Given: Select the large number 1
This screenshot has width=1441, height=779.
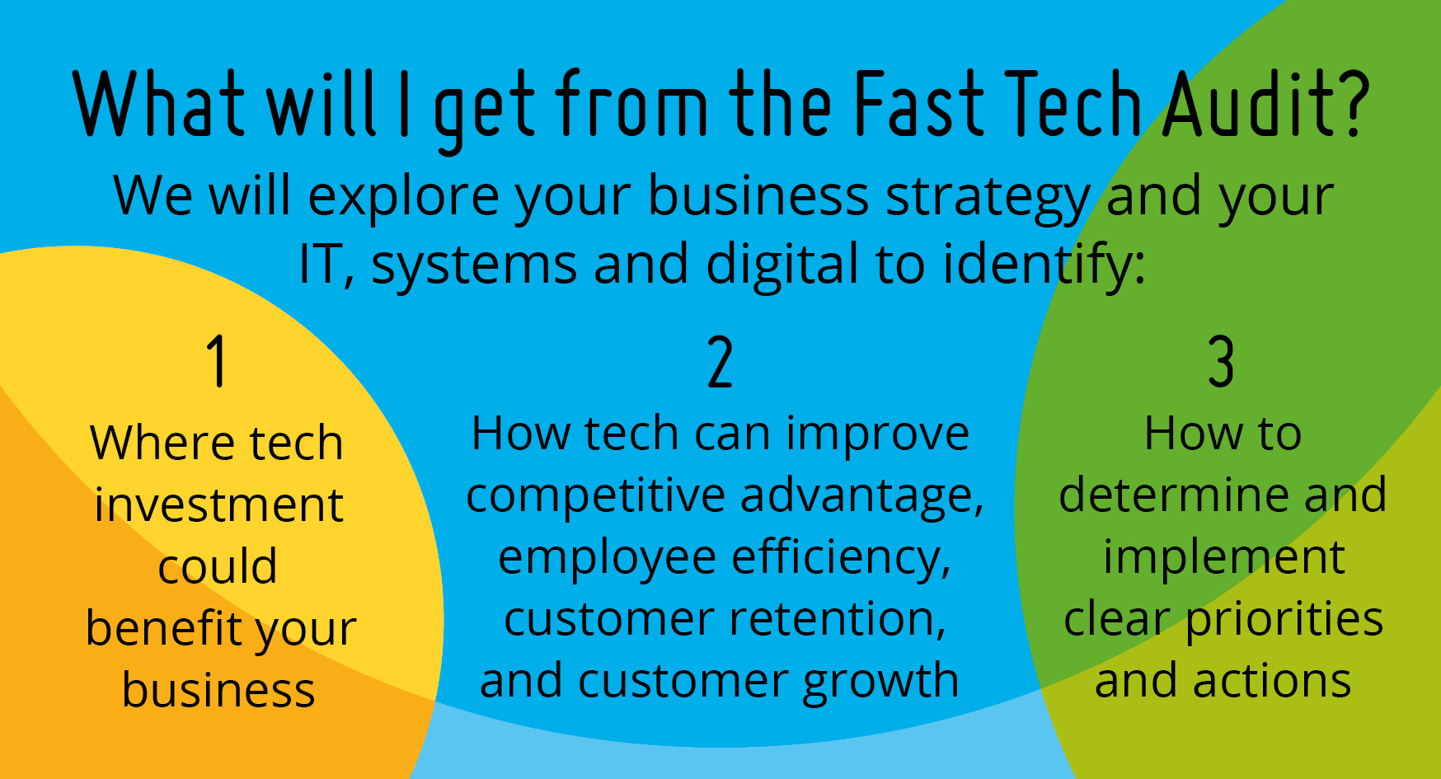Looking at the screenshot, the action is click(217, 360).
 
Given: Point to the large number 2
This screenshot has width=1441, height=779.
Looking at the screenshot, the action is click(720, 361).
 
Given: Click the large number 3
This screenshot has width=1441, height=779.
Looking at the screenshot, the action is click(1221, 361).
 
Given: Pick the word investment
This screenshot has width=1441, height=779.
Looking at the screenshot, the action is click(218, 504).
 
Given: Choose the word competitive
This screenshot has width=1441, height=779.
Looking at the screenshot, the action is click(596, 496).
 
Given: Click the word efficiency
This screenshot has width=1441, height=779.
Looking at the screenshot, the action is click(842, 558).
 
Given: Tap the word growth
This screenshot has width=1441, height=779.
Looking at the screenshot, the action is click(880, 683).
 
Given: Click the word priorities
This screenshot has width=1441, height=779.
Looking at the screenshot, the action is click(1284, 620).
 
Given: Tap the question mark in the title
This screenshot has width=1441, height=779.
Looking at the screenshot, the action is click(1352, 104).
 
